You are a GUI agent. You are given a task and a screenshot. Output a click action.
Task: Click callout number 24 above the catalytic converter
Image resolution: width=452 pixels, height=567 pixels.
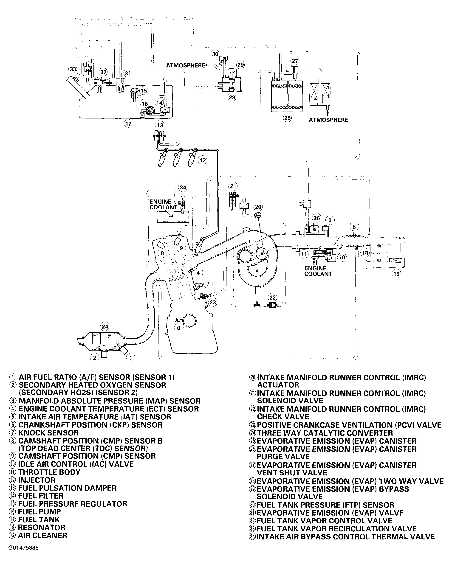(x=105, y=327)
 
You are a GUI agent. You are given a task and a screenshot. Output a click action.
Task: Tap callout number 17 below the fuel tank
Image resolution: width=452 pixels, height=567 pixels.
(x=128, y=124)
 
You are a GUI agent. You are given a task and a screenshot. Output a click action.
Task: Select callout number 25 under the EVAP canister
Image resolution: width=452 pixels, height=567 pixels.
(x=287, y=118)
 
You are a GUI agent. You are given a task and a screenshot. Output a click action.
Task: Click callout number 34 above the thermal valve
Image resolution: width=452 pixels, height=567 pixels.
(x=183, y=187)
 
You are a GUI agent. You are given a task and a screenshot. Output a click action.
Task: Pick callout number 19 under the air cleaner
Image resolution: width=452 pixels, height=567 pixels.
(x=396, y=274)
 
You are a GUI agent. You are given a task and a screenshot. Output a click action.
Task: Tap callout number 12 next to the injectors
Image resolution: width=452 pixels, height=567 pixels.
(x=203, y=160)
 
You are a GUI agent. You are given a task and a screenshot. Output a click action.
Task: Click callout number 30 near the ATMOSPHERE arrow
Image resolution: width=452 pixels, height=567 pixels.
(x=215, y=54)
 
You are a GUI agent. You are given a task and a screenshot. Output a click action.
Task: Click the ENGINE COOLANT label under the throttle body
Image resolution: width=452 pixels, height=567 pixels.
(x=318, y=271)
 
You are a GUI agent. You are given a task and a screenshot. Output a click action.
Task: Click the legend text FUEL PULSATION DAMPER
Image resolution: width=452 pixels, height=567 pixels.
(x=67, y=488)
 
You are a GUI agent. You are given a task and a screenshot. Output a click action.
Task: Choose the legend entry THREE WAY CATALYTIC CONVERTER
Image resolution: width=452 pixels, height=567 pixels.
(x=325, y=433)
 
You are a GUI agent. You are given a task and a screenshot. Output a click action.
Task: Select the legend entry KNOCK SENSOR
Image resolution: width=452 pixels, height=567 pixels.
(x=48, y=433)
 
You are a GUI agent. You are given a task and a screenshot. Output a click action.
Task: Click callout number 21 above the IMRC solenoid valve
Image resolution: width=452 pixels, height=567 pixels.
(x=233, y=186)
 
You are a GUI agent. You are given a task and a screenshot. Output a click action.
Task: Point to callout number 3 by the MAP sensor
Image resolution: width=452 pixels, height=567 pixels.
(x=330, y=220)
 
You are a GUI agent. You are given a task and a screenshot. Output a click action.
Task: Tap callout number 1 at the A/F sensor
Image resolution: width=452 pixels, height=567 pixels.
(x=131, y=357)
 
